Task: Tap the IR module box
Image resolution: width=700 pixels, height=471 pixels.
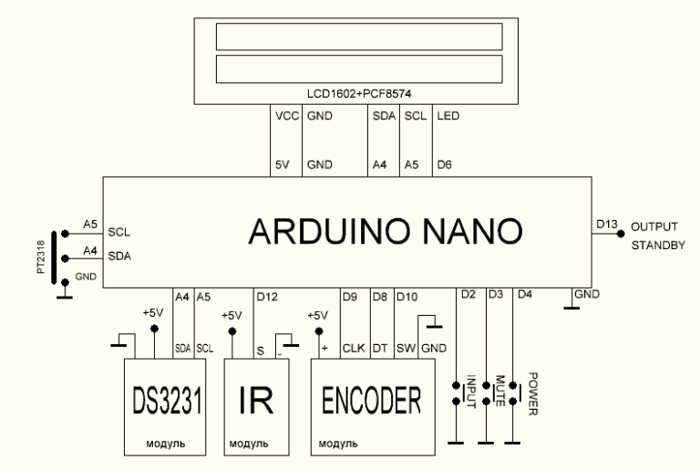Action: coord(258,405)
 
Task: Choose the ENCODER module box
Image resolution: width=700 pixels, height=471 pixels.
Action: coord(374,405)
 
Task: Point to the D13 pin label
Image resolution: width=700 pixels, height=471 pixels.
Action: coord(606,223)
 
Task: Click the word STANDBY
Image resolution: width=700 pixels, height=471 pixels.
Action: coord(653,244)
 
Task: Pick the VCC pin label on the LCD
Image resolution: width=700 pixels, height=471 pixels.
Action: coord(285,118)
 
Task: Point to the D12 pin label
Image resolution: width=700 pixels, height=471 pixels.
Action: coord(268,296)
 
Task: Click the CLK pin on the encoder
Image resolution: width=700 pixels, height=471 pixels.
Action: coord(353,347)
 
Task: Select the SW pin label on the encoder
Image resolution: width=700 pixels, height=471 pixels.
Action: coord(406,347)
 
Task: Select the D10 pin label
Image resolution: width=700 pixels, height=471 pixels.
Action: coord(408,296)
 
